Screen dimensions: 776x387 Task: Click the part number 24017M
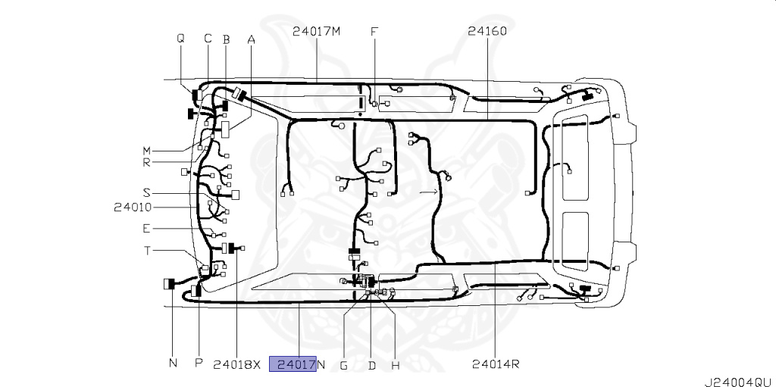coord(316,31)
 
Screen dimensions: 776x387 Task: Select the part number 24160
coord(487,31)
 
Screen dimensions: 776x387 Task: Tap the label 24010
coord(133,207)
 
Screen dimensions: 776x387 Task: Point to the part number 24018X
coord(236,365)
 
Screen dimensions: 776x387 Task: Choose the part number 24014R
coord(496,364)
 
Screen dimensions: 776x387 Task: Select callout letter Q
coord(180,38)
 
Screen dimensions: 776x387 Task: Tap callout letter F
coord(374,32)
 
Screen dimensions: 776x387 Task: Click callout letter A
coord(251,39)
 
